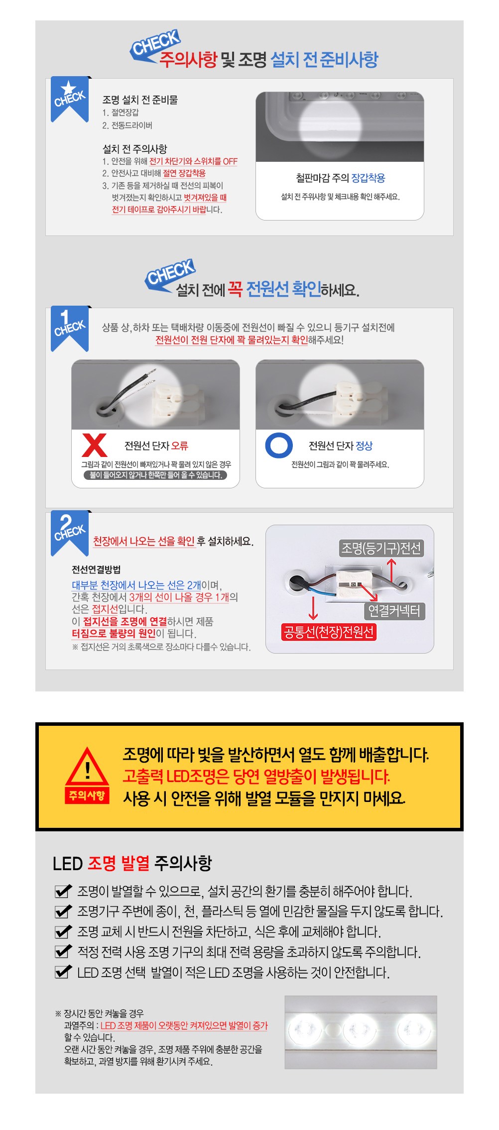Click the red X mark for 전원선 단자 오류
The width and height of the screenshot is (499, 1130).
[95, 445]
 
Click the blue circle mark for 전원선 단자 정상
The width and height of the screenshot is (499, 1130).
[278, 445]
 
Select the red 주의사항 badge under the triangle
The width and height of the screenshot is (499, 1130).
[87, 795]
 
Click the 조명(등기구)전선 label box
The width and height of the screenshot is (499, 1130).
[381, 548]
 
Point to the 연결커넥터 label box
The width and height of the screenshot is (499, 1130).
[394, 611]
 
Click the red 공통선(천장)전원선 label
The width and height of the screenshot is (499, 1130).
[329, 632]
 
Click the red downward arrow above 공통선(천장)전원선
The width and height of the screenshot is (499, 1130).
[313, 607]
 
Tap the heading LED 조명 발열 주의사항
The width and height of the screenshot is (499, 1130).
[132, 863]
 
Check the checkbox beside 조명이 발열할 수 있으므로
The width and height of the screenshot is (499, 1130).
[63, 891]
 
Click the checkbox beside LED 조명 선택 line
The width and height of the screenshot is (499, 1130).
[63, 972]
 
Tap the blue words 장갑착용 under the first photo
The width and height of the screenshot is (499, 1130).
[368, 178]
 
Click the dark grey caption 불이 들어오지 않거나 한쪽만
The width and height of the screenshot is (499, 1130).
[156, 475]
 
